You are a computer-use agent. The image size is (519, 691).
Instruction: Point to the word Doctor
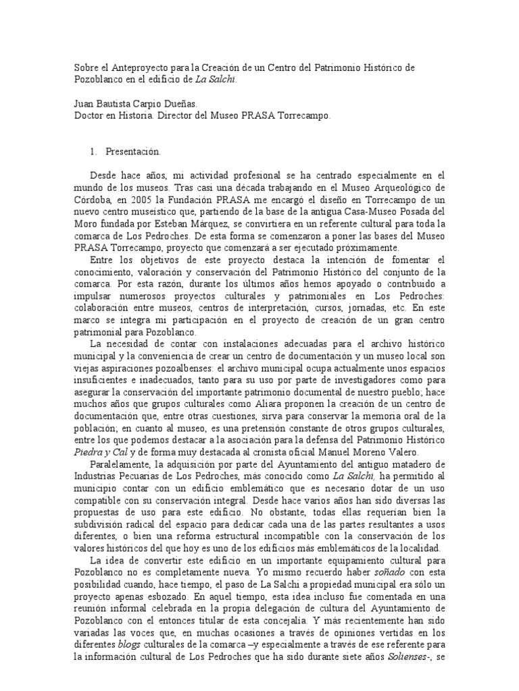pos(89,116)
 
